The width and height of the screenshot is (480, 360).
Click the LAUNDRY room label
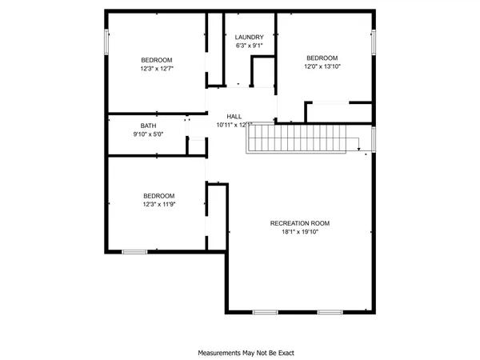click(249, 37)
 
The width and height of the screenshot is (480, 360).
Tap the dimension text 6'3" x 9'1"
click(249, 46)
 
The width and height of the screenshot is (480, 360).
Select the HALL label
click(234, 116)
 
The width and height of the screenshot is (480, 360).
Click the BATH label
click(149, 126)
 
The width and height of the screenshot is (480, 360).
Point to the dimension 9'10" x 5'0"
click(149, 134)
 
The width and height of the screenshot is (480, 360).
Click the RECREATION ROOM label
click(300, 223)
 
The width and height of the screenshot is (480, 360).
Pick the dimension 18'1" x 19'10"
click(300, 232)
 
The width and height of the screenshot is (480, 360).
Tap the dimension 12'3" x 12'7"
click(157, 69)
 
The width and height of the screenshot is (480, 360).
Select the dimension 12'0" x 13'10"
click(322, 66)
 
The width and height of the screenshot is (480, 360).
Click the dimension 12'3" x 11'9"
click(158, 205)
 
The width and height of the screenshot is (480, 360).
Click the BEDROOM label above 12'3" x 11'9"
click(158, 196)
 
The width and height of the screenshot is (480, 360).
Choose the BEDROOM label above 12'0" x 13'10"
click(322, 58)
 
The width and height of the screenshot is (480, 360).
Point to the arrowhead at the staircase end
click(360, 147)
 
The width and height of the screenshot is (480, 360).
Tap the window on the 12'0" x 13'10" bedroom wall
click(373, 42)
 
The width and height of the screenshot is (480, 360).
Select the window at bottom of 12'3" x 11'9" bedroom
click(134, 252)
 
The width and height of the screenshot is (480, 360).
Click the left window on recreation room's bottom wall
click(265, 311)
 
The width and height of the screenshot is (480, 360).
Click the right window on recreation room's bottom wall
click(329, 311)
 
